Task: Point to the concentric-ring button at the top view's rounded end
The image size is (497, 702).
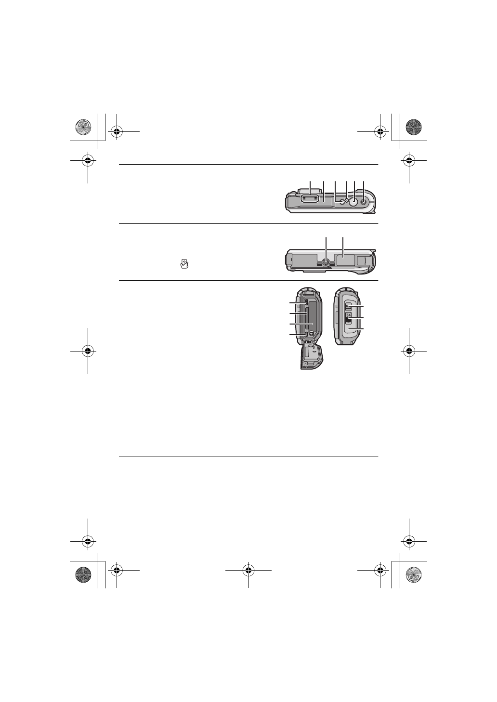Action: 364,203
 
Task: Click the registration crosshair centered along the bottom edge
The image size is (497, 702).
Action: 248,571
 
